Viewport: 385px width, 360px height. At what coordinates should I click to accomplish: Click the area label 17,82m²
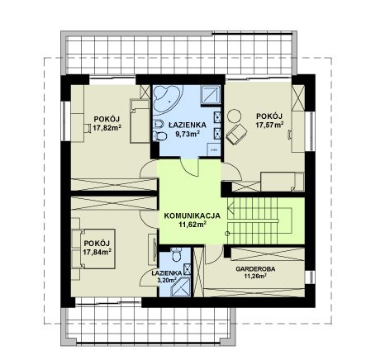[107, 128]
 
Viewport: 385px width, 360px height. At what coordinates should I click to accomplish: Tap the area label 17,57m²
[269, 125]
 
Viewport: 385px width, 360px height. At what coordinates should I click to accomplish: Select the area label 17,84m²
[97, 252]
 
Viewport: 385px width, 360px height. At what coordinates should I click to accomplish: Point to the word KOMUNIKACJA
[192, 216]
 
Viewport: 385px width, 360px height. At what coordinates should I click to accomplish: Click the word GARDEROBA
[255, 269]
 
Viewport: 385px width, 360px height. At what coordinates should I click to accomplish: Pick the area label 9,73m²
[188, 134]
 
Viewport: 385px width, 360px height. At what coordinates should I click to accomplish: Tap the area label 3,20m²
[167, 280]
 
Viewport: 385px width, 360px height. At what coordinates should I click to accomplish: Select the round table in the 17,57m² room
[234, 116]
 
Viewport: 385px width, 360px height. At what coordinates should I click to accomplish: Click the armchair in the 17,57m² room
[236, 134]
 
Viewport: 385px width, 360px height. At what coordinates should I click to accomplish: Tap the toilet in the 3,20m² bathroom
[176, 254]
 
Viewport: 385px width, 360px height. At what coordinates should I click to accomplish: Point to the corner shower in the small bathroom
[180, 287]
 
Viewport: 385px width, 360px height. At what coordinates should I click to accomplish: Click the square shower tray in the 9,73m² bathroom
[211, 96]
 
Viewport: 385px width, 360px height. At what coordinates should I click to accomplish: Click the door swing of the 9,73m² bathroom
[190, 168]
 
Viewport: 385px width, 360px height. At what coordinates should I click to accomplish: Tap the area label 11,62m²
[192, 225]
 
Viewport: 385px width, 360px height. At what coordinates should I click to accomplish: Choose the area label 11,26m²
[255, 276]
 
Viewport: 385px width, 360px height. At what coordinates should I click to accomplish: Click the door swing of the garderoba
[216, 254]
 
